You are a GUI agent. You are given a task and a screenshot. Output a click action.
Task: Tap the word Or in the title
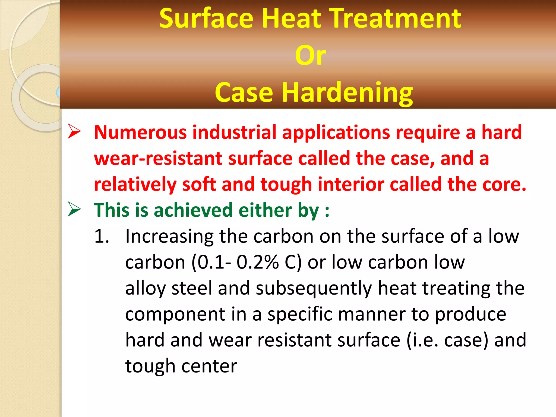pyautogui.click(x=310, y=55)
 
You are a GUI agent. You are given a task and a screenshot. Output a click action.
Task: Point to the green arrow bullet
pyautogui.click(x=74, y=209)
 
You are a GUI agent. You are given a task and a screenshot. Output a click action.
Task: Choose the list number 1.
pyautogui.click(x=102, y=236)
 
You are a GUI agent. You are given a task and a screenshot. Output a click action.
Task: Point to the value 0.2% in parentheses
pyautogui.click(x=258, y=263)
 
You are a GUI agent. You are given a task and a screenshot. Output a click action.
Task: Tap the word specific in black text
pyautogui.click(x=300, y=314)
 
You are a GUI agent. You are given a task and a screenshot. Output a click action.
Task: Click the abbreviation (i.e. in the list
pyautogui.click(x=422, y=340)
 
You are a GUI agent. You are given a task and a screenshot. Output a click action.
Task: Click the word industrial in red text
pyautogui.click(x=234, y=132)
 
